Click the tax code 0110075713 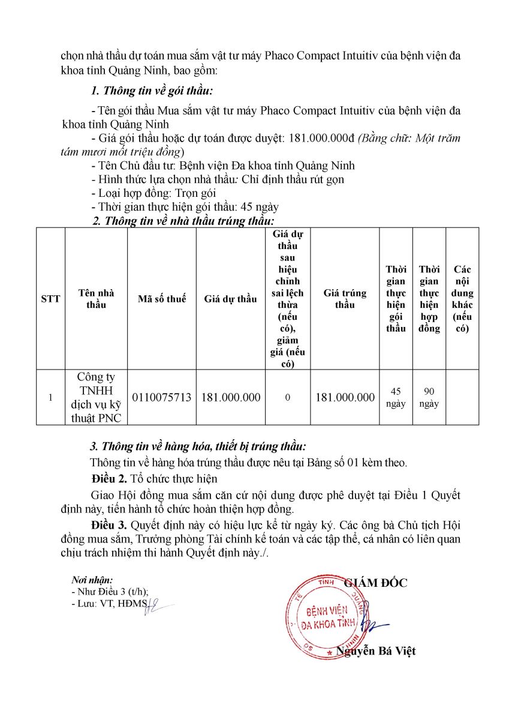point(162,397)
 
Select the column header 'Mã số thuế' point(162,299)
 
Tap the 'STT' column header point(50,299)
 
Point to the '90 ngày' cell point(429,397)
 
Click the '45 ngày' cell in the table point(396,397)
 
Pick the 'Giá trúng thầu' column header point(345,299)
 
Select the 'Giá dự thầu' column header point(230,299)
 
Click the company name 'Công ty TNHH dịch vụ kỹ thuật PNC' point(96,397)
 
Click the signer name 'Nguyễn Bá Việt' point(375,651)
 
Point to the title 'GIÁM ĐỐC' point(375,583)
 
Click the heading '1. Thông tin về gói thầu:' point(152,92)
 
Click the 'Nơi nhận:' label point(92,580)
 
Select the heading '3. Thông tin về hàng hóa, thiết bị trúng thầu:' point(197,447)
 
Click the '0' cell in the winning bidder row point(287,397)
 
